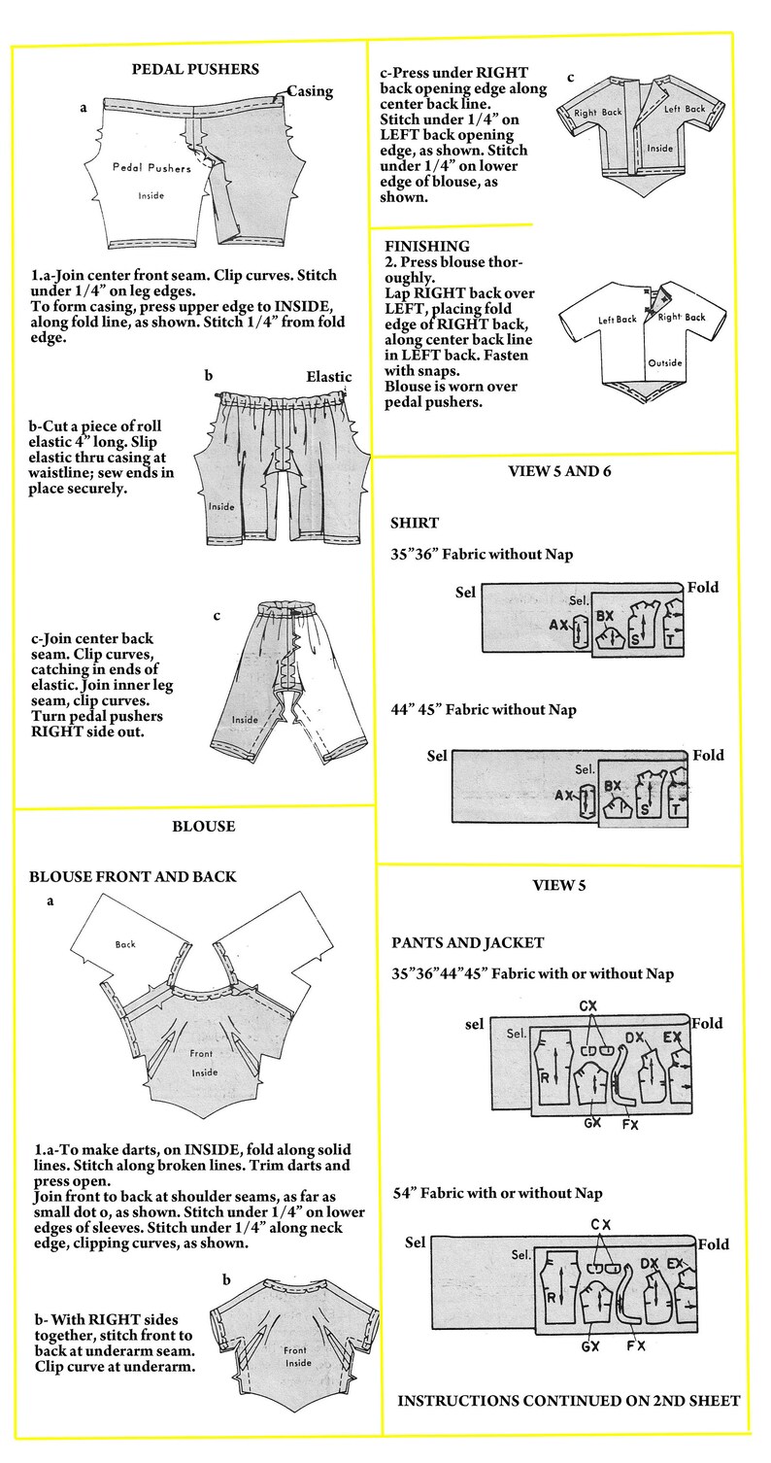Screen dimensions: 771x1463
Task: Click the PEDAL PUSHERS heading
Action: [195, 69]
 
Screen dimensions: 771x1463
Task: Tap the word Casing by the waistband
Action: [310, 91]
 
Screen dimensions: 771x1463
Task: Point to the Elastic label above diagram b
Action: [329, 376]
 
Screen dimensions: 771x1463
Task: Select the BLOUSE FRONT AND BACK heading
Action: [132, 876]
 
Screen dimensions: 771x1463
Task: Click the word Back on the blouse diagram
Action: [125, 944]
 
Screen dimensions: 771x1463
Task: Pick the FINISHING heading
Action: [427, 246]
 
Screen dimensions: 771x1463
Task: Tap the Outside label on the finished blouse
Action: [665, 362]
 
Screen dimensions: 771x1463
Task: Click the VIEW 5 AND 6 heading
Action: [559, 471]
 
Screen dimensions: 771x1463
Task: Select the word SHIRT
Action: [415, 523]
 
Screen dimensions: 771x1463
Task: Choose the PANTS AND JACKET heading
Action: [467, 942]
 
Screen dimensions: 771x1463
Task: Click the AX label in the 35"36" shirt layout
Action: [558, 625]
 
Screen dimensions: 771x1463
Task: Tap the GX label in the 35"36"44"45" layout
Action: [592, 1123]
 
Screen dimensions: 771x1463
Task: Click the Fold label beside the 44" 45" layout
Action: [708, 755]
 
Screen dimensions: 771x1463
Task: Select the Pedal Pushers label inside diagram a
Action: [151, 168]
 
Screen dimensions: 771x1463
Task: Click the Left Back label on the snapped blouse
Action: [617, 320]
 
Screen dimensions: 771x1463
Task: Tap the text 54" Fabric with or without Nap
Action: [497, 1193]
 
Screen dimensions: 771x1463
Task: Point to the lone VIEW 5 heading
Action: [558, 886]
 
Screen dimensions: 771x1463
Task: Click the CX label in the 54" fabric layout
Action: [601, 1225]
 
